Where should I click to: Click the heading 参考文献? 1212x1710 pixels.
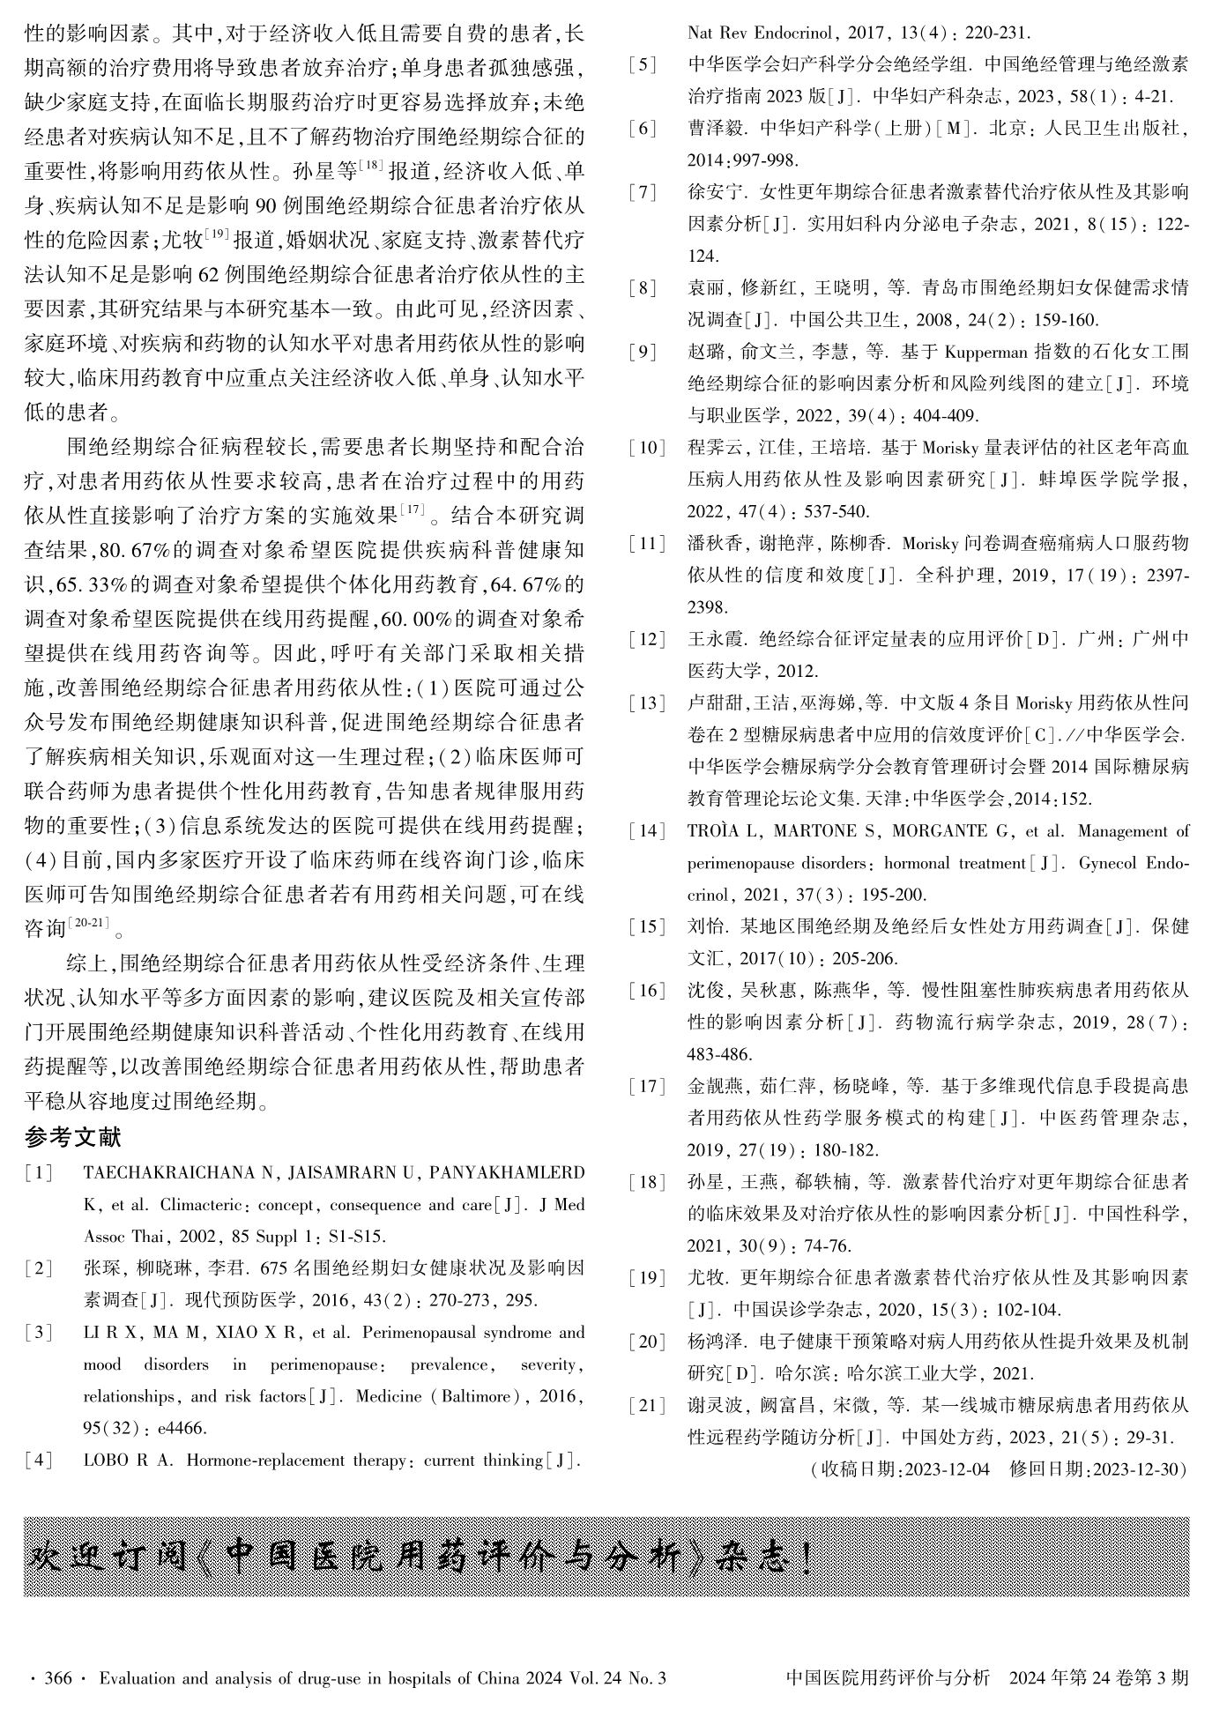coord(73,1139)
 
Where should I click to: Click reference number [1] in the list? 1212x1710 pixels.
coord(40,1173)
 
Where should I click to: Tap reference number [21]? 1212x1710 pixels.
coord(646,1406)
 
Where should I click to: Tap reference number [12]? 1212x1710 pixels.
coord(646,639)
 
